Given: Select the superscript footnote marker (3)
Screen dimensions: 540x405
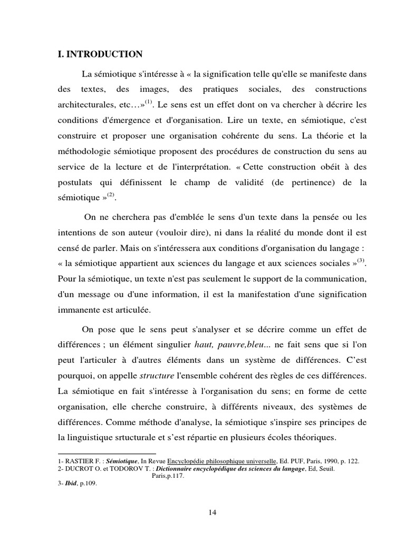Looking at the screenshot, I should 361,259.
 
